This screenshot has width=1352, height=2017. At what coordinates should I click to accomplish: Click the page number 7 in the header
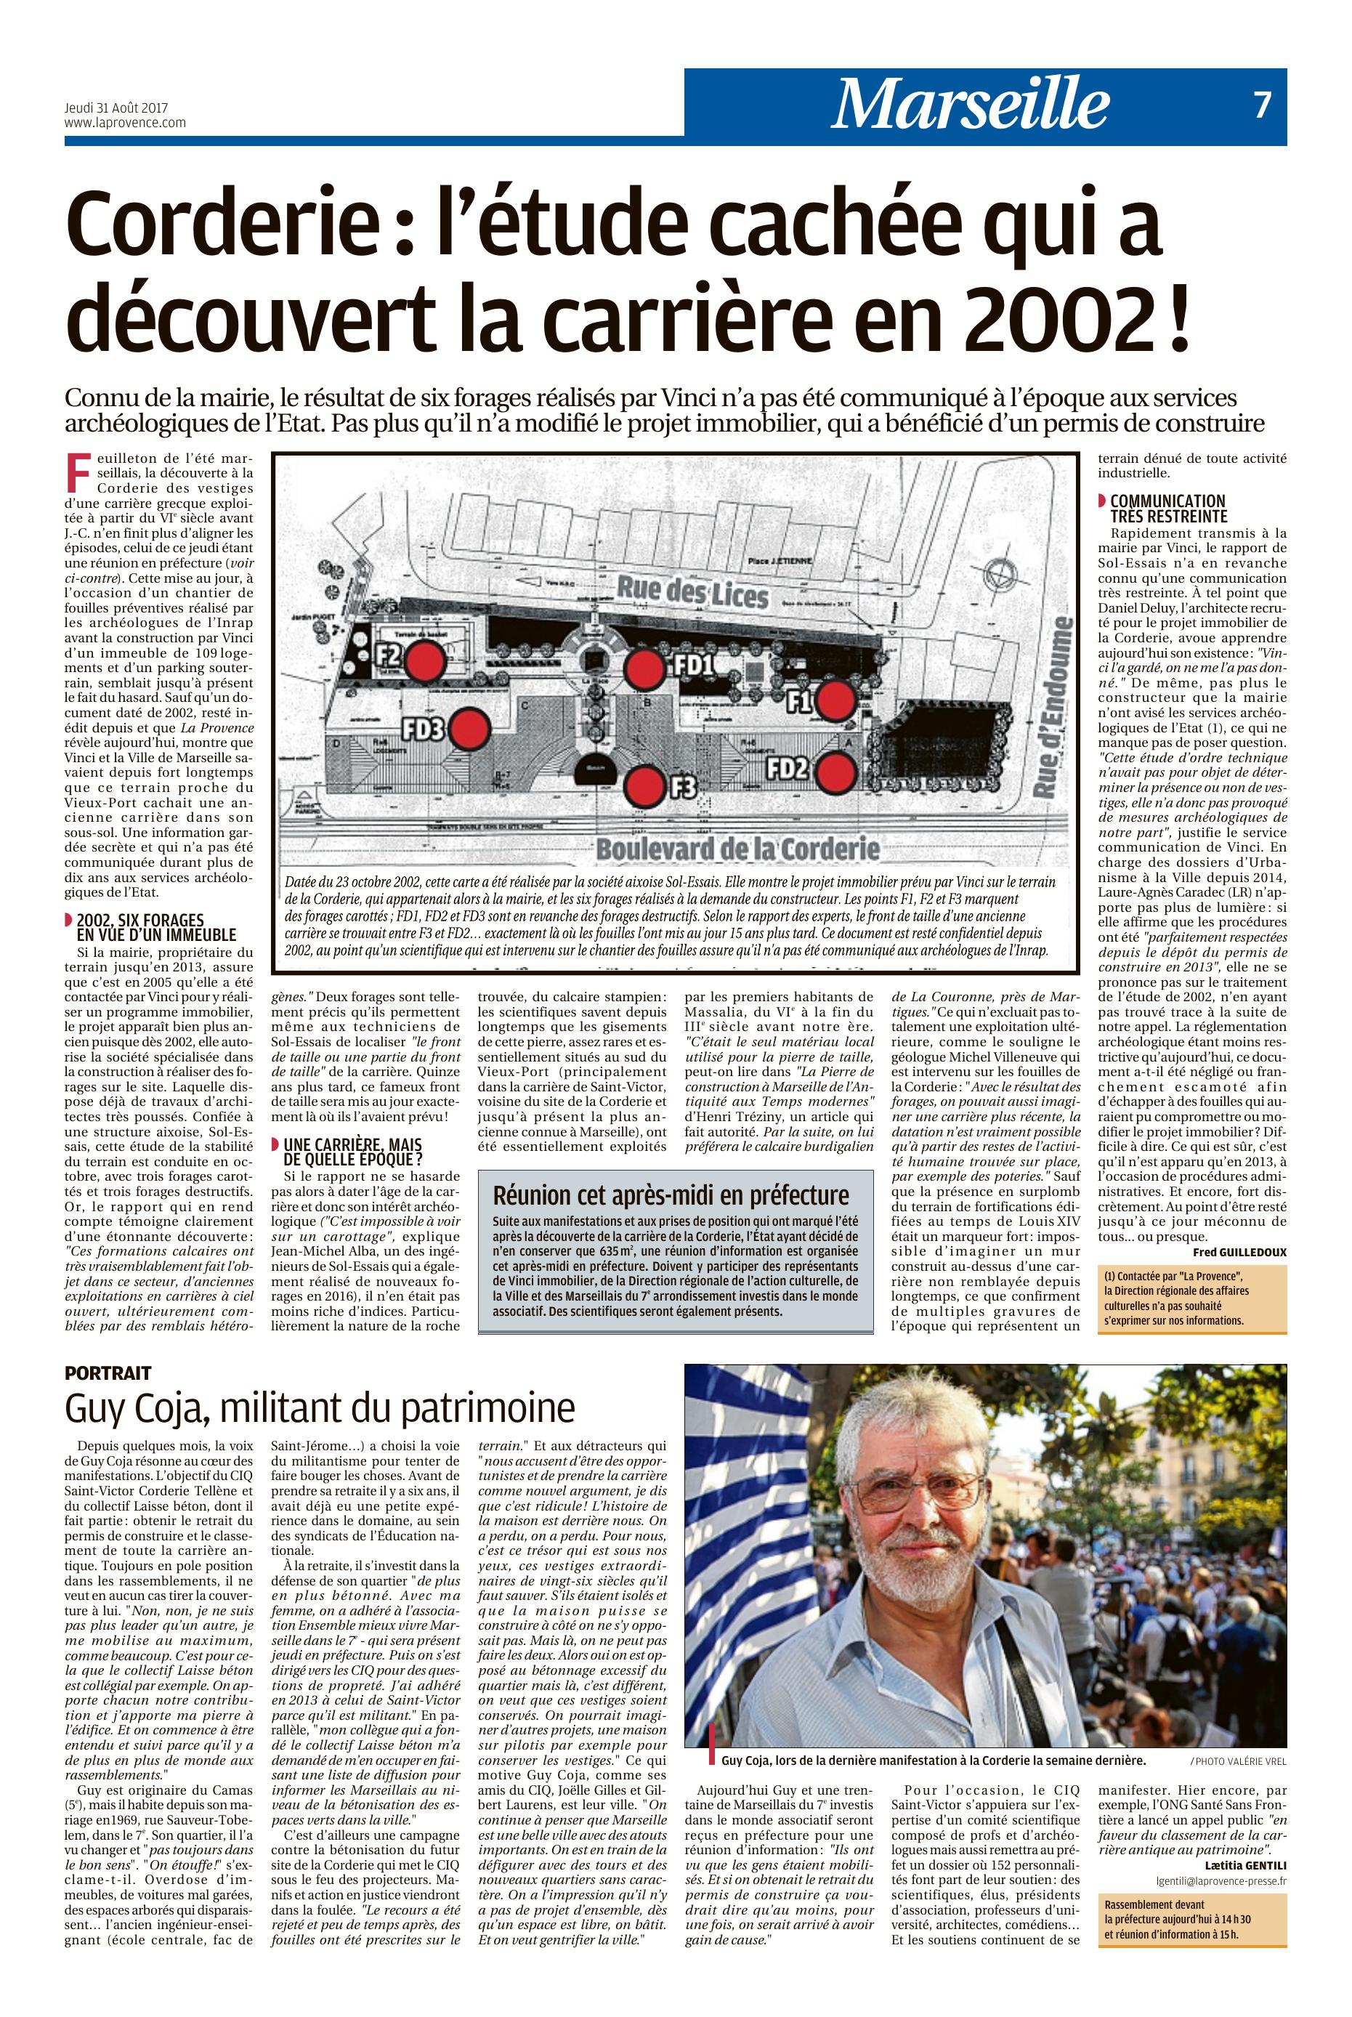[x=1261, y=105]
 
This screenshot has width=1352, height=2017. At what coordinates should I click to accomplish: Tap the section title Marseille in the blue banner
[x=970, y=105]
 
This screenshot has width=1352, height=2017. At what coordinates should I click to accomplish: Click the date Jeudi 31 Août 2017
[x=116, y=109]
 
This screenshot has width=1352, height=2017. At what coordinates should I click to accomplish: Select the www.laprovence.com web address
[x=125, y=123]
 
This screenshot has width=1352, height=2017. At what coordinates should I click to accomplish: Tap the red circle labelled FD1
[x=642, y=666]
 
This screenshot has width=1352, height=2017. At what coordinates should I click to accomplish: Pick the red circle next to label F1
[x=834, y=700]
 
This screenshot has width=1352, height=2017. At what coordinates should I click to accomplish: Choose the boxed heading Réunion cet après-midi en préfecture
[x=670, y=1195]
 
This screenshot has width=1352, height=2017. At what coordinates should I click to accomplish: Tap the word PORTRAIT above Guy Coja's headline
[x=108, y=1372]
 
